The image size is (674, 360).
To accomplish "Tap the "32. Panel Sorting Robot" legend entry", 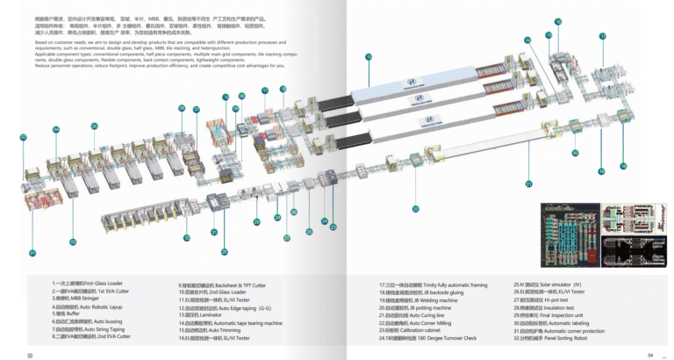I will pyautogui.click(x=553, y=336).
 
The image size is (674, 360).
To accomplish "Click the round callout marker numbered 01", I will pyautogui.click(x=32, y=253).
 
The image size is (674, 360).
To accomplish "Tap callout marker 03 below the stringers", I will pyautogui.click(x=73, y=241).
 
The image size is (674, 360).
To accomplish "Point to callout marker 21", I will pyautogui.click(x=529, y=184).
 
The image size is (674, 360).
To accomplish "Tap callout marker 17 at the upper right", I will pyautogui.click(x=603, y=36).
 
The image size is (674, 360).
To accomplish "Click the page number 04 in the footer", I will pyautogui.click(x=650, y=354).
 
